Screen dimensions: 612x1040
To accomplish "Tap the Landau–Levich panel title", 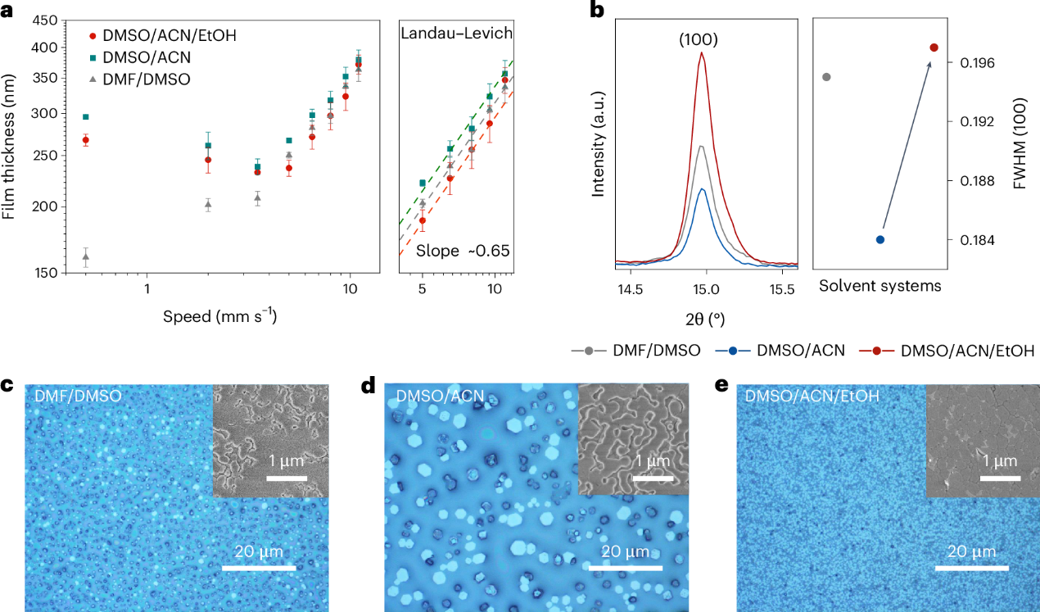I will (456, 34).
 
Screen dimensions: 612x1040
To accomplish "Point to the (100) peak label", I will (701, 39).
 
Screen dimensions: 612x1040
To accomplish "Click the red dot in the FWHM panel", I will (934, 48).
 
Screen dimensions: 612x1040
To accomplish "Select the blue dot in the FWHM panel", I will (879, 240).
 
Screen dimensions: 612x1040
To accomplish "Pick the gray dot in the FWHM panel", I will (826, 77).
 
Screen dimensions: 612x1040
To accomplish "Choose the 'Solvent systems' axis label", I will (879, 286).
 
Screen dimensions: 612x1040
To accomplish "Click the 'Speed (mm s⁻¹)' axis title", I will (219, 316).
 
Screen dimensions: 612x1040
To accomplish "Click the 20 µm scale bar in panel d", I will (631, 567).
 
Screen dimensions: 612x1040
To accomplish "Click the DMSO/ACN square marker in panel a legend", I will (93, 57).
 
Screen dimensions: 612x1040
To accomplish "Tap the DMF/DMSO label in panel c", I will (78, 397).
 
